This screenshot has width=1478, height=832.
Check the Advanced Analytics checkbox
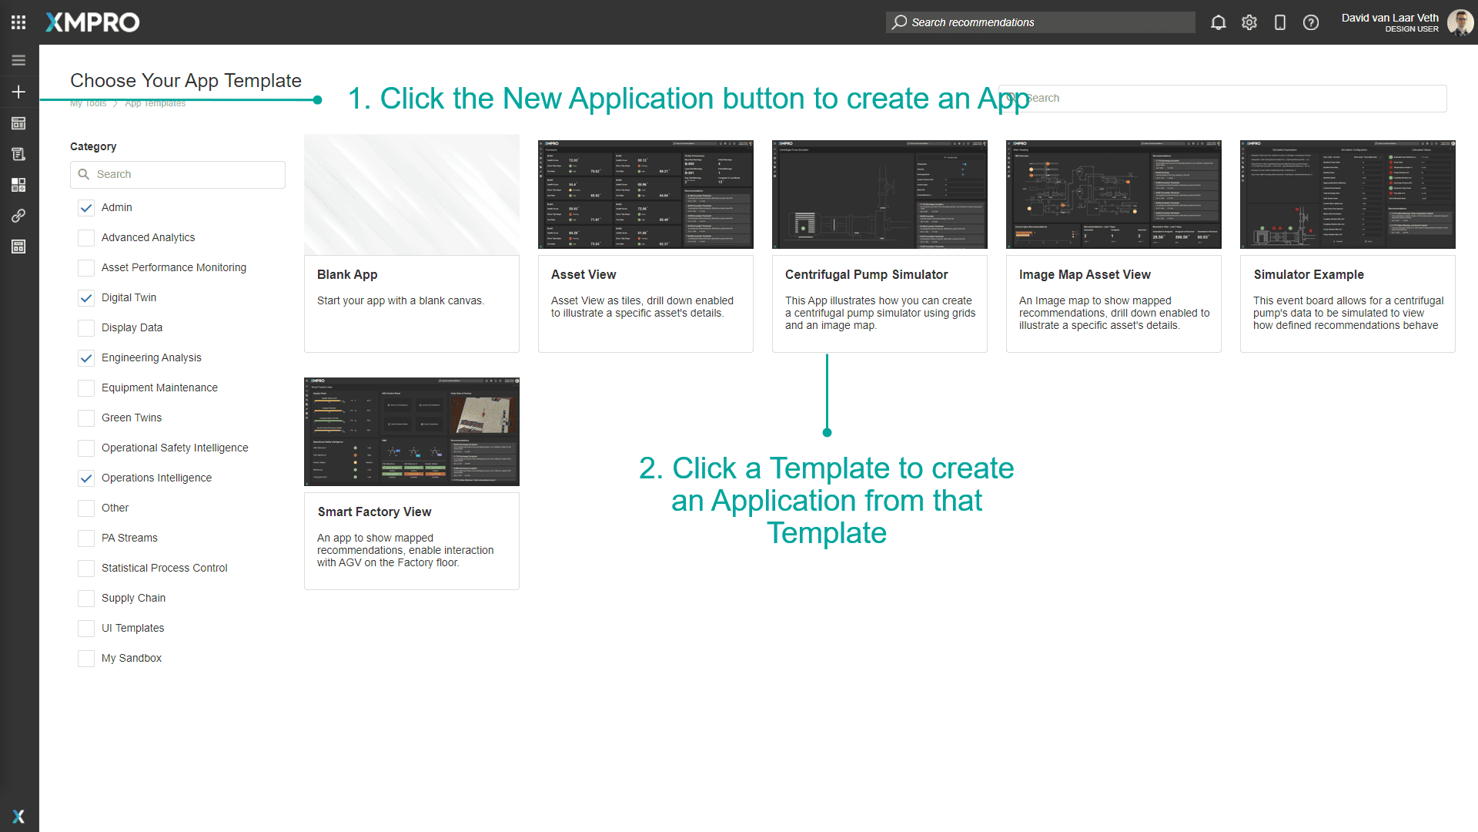[x=86, y=238]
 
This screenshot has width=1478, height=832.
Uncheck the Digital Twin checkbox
[x=86, y=298]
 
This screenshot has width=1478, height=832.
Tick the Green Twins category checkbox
[x=86, y=418]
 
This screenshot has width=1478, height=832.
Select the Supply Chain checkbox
[x=86, y=599]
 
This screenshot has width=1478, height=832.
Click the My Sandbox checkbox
[x=86, y=659]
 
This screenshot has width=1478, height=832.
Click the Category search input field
[x=185, y=175]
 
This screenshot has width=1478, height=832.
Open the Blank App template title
[x=347, y=275]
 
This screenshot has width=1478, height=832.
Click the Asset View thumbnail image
[x=645, y=194]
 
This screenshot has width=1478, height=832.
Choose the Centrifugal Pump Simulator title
[x=866, y=275]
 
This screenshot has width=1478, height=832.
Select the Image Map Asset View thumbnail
[x=1113, y=194]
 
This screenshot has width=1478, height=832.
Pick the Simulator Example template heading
[x=1308, y=275]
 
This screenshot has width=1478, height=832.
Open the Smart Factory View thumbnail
[x=412, y=431]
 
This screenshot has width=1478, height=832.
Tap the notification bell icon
[x=1218, y=22]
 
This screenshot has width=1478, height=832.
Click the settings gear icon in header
[x=1249, y=22]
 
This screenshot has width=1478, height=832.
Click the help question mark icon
[x=1310, y=22]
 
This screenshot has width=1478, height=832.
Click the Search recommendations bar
[x=1039, y=22]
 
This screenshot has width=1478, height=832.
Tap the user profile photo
[x=1460, y=22]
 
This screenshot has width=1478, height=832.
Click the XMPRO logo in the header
[x=92, y=22]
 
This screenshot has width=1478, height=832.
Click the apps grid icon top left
[x=18, y=22]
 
